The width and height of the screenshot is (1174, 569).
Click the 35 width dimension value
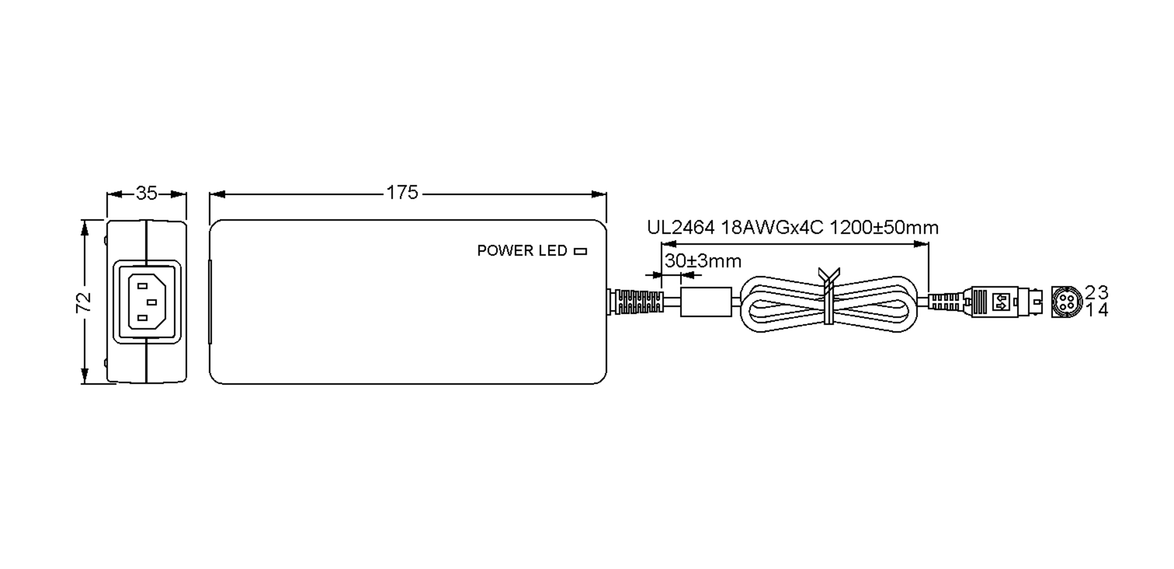click(146, 193)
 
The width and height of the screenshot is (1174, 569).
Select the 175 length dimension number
click(402, 193)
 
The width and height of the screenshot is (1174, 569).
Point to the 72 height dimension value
click(84, 302)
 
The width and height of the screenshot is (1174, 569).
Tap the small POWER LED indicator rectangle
click(580, 251)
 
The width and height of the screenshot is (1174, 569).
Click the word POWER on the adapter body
click(505, 251)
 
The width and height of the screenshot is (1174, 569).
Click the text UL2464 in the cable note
click(680, 228)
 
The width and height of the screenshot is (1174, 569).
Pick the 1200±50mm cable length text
click(884, 228)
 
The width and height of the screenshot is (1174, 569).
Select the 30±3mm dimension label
click(703, 261)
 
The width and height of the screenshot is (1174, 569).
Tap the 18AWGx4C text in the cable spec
click(772, 228)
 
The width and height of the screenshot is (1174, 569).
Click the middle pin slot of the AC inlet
click(152, 302)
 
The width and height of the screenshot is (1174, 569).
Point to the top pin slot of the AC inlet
click(142, 286)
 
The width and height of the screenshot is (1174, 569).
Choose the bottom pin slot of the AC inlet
click(142, 318)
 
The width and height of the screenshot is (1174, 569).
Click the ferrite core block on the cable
click(706, 302)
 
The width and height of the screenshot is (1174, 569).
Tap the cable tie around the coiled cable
click(828, 299)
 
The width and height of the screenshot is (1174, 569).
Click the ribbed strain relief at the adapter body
click(638, 302)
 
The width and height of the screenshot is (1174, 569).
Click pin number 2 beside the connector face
click(1090, 292)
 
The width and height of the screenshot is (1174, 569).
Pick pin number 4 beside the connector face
click(1103, 310)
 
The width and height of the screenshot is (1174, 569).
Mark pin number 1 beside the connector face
click(1090, 310)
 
